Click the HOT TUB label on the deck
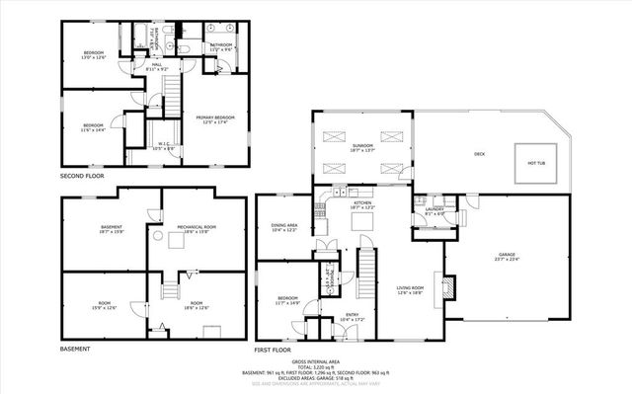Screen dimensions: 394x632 tap(536, 163)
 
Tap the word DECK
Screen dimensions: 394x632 tap(479, 154)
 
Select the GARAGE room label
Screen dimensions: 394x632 tap(507, 256)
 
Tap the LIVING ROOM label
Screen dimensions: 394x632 tap(410, 289)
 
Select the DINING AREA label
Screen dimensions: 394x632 tap(284, 228)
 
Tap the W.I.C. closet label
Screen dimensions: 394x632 tap(165, 145)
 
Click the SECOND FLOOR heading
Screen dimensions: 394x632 tap(82, 175)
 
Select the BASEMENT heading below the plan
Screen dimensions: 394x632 tap(76, 350)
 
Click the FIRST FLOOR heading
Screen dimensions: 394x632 tap(274, 350)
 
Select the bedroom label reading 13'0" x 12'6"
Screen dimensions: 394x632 tap(93, 55)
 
